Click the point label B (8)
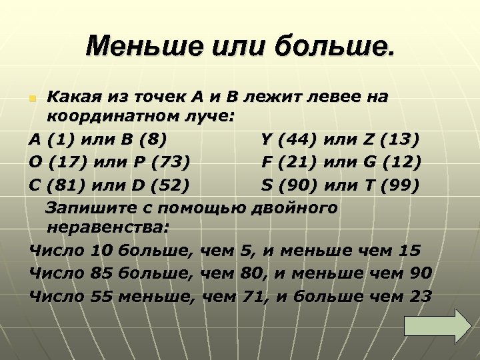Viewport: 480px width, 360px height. pos(143,141)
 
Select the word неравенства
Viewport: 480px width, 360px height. pos(107,229)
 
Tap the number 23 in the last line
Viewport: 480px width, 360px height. pos(418,295)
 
